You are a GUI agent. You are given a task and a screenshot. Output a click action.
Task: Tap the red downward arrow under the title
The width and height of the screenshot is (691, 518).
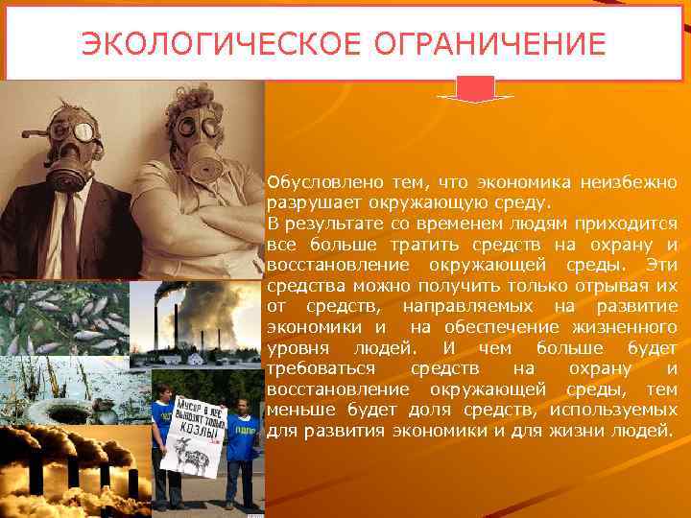[475, 89]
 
